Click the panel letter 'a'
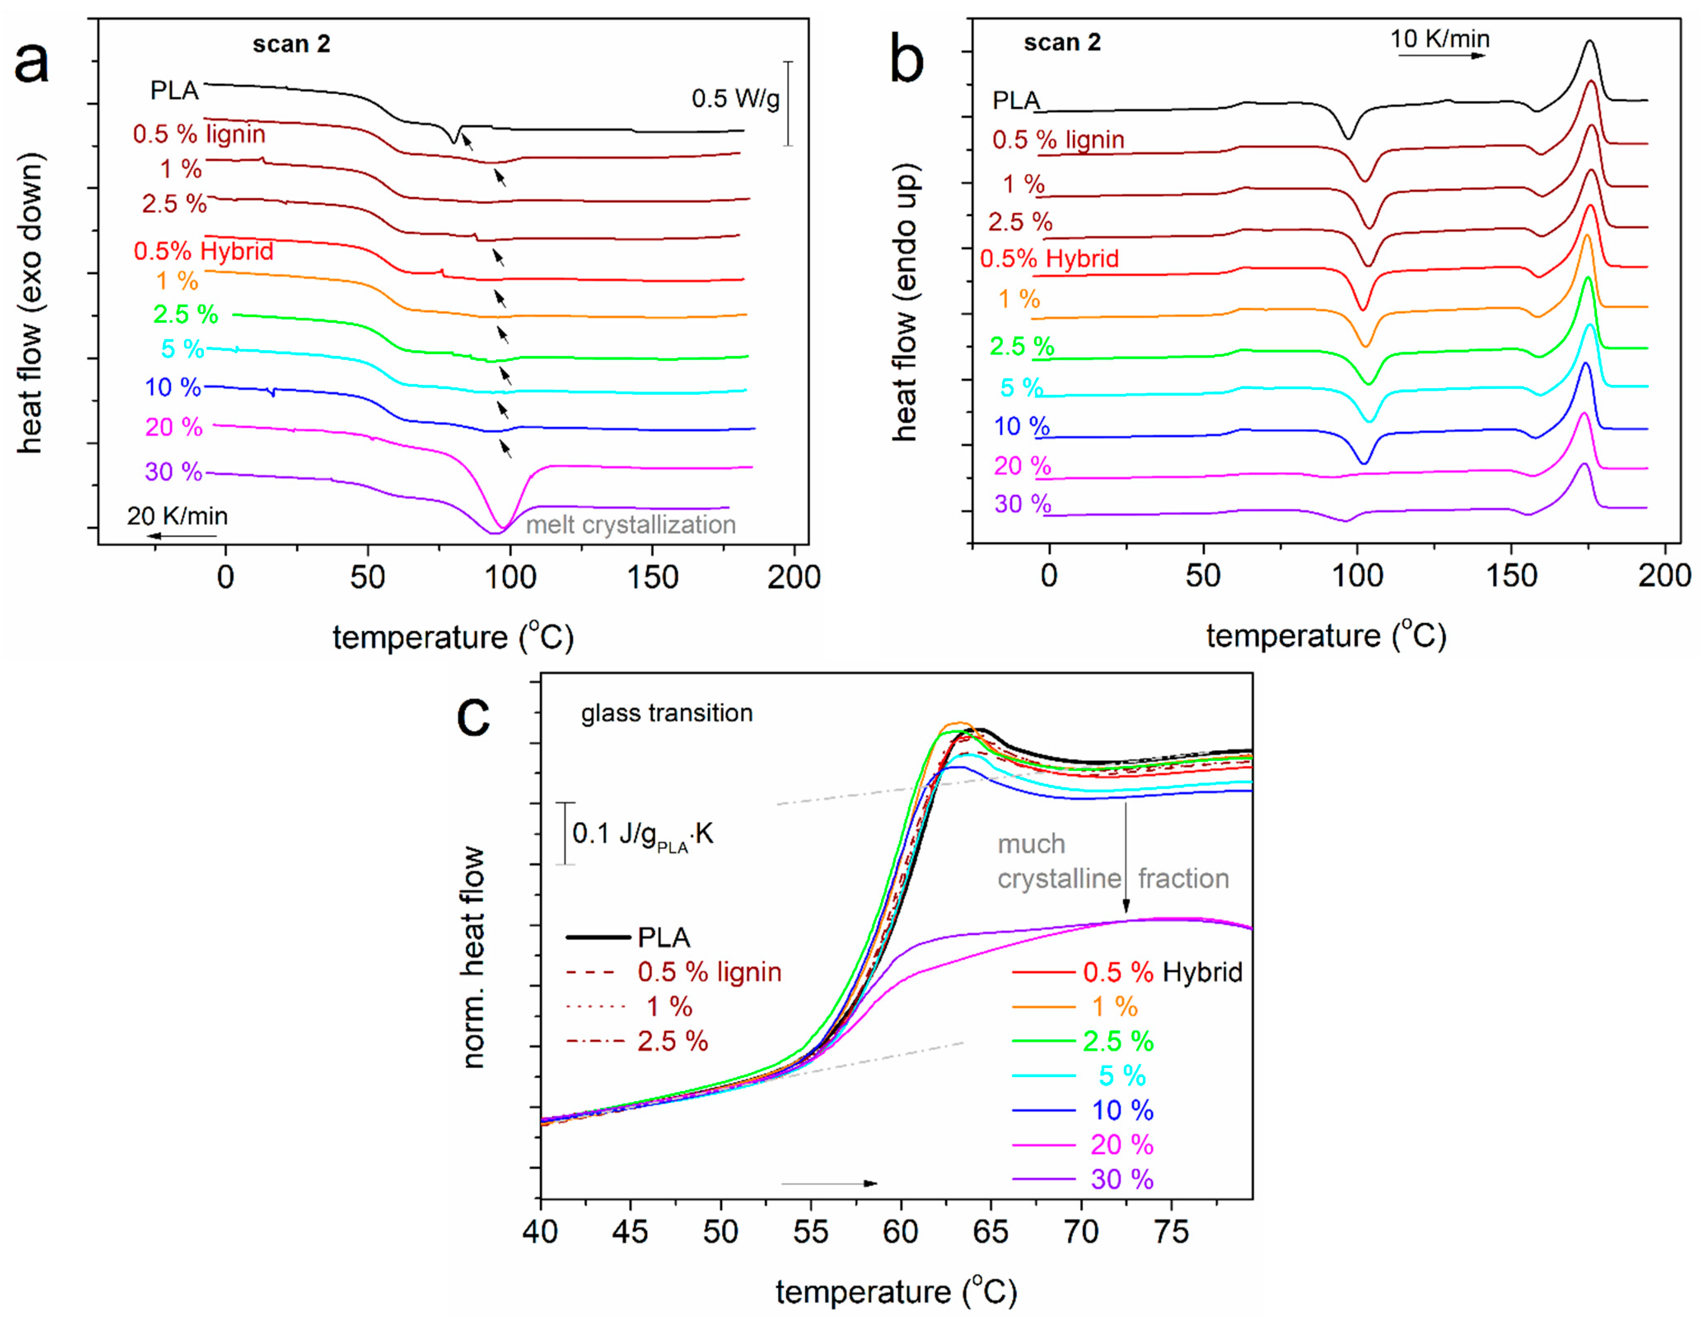click(31, 62)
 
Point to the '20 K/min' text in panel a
click(178, 515)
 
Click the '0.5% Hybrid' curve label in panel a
click(203, 251)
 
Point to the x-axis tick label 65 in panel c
click(991, 1232)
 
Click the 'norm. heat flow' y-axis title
click(473, 957)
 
